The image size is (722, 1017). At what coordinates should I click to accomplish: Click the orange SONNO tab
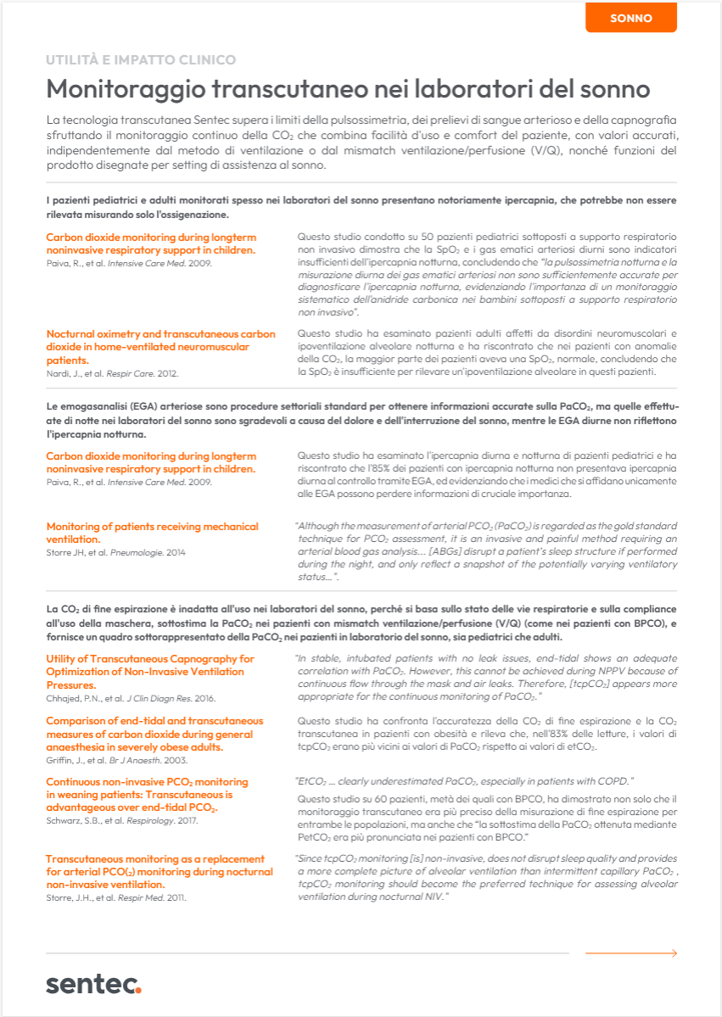(630, 18)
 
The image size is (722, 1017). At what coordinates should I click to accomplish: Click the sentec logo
(93, 984)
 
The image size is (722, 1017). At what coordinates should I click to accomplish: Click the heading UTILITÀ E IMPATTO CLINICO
(141, 60)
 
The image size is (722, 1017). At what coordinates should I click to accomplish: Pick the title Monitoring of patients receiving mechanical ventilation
(153, 533)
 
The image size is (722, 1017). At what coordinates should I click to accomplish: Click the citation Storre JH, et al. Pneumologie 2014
(115, 552)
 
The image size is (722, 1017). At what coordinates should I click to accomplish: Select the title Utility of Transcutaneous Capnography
(149, 671)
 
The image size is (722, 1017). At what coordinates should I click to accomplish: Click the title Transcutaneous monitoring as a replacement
(154, 871)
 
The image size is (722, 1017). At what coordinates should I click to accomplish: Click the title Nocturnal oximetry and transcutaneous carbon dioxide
(160, 347)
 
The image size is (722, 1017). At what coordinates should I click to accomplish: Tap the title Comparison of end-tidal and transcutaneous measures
(154, 734)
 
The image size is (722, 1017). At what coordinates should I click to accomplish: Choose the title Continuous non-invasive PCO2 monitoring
(147, 794)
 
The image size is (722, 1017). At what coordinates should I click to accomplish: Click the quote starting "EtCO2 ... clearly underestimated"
(464, 780)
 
